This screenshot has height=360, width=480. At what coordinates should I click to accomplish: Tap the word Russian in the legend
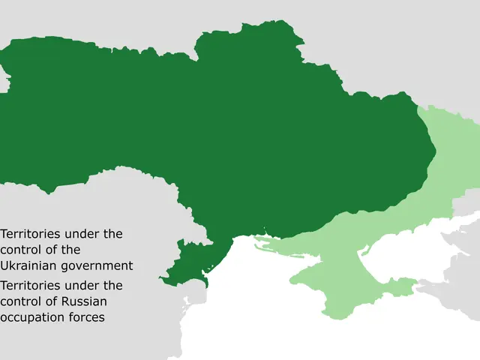86,301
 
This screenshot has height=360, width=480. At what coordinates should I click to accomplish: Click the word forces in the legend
88,317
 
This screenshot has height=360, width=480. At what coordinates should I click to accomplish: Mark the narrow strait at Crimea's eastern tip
417,283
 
